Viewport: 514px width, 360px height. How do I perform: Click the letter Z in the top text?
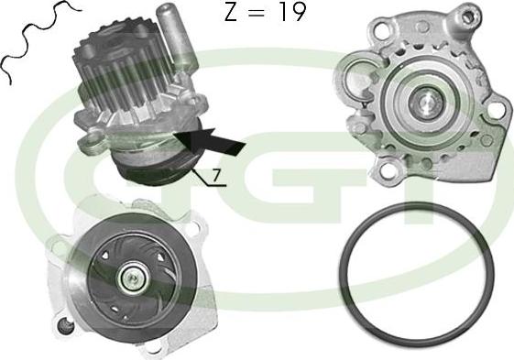pyautogui.click(x=232, y=12)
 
